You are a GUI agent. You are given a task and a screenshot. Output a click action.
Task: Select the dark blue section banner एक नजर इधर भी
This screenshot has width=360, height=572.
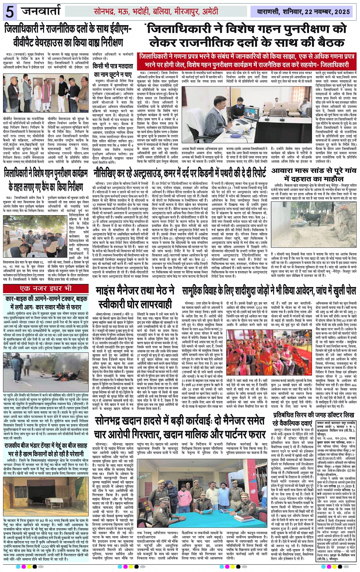[46, 288]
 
